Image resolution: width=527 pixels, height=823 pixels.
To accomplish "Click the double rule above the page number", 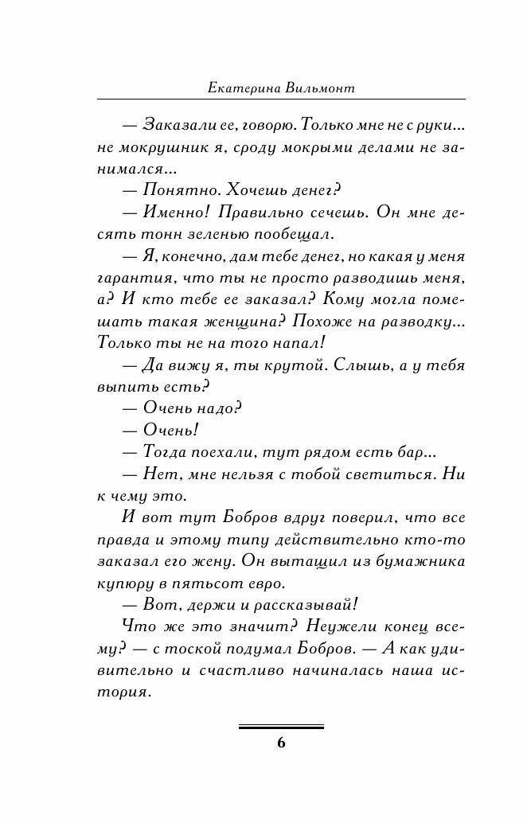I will coord(281,727).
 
